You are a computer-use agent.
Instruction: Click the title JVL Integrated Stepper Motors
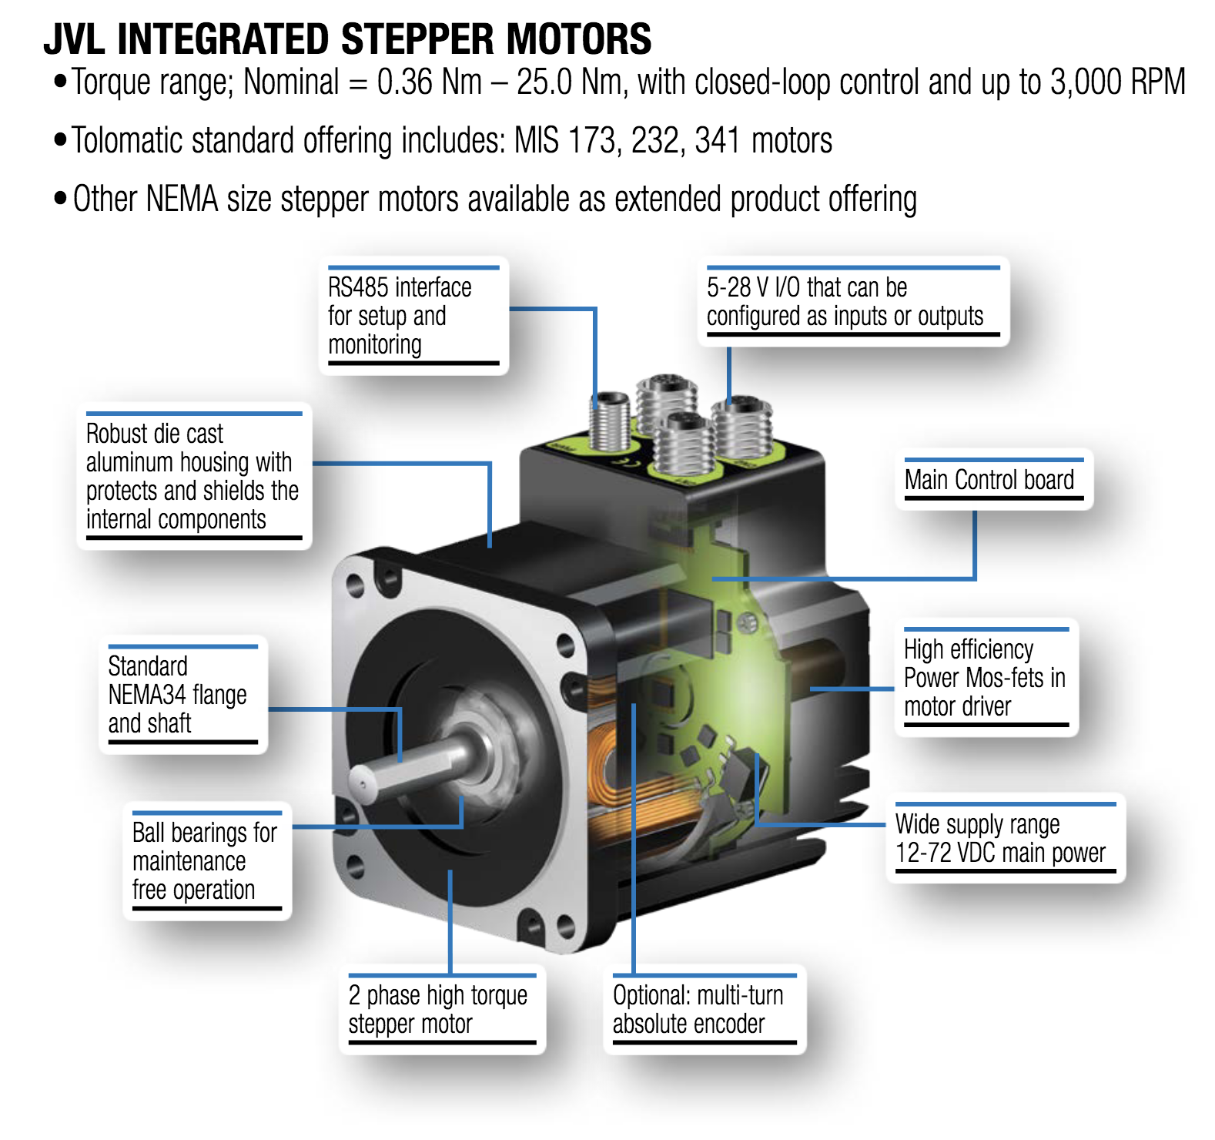(347, 39)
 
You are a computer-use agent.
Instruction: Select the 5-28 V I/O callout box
(853, 301)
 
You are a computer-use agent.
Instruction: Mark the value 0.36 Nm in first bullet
(430, 82)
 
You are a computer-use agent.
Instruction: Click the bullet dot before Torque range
(60, 82)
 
